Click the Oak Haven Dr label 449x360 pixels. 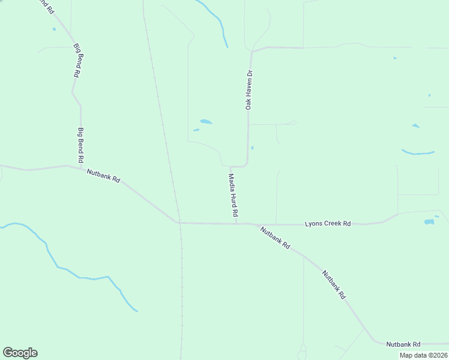coord(249,90)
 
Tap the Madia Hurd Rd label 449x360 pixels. coord(234,196)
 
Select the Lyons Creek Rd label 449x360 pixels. coord(328,223)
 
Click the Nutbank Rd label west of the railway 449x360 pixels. coord(104,176)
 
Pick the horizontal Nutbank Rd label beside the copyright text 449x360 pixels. coord(403,344)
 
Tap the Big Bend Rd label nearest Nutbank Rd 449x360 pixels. coord(80,145)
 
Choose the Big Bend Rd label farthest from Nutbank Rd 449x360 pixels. coord(77,60)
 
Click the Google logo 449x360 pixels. coord(20,353)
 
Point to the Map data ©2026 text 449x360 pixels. coord(423,355)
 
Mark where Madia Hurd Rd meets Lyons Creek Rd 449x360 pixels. coord(237,223)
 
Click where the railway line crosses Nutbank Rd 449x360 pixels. coord(179,222)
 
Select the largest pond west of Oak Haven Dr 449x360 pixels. coord(206,122)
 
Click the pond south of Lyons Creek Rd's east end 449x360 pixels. coord(429,222)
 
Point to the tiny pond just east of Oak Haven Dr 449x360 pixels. coord(252,148)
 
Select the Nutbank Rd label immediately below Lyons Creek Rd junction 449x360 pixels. coord(276,237)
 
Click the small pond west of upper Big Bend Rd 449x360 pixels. coord(54,29)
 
